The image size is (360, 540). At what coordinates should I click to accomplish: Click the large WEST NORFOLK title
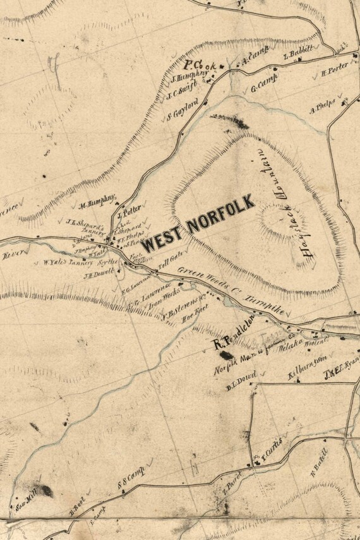198,225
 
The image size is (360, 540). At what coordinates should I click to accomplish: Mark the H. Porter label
335,71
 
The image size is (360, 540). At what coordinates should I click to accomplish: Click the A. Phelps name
322,109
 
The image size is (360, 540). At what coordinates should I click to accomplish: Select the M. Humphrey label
97,202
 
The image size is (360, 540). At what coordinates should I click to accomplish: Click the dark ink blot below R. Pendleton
225,356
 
